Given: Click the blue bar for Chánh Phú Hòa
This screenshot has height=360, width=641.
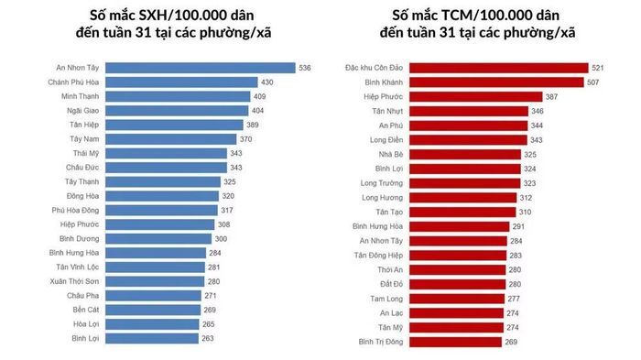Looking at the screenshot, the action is pos(181,82).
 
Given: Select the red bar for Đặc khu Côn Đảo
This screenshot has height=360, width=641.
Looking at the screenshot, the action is pos(499,68).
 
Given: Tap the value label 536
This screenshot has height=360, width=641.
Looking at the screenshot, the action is pos(305,68).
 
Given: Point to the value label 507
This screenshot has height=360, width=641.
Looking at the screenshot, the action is pos(592,82).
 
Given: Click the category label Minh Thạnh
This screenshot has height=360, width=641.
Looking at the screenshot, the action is pos(81,96).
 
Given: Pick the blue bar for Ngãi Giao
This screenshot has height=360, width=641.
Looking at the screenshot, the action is pos(177,111).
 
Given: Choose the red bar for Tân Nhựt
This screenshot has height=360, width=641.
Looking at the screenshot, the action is pos(469,111).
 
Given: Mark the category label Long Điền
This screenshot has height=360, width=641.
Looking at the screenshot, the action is pos(386,140).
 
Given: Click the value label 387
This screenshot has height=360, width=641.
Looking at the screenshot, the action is pos(551,97).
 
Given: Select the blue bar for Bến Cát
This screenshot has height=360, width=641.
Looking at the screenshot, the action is pos(153,310).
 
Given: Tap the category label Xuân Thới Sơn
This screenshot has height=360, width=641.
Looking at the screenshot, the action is pos(74,281).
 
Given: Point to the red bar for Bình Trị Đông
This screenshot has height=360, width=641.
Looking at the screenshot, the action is pos(455,342).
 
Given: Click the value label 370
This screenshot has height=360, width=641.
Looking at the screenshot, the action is pos(245,139).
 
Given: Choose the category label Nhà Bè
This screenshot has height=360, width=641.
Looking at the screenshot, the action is pos(391,155).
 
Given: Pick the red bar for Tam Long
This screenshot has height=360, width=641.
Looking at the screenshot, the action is pos(457,299).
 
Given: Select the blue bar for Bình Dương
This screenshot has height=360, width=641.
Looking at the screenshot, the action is pos(158,239).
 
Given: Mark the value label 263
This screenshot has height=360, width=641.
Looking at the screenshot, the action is pos(208,338).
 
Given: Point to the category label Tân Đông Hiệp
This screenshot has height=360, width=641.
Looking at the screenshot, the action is pos(378,256).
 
